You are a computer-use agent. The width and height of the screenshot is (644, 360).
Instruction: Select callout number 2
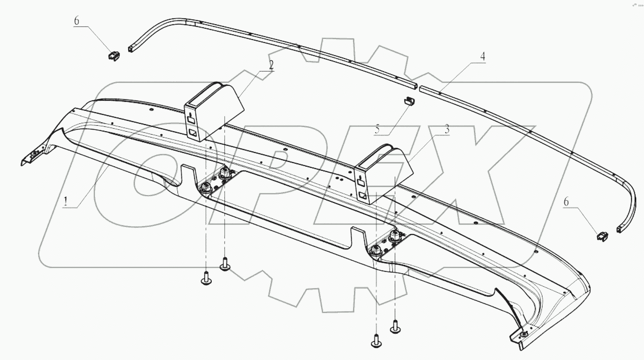tap(271, 65)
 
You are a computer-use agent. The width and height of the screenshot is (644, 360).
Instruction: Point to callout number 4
tap(482, 57)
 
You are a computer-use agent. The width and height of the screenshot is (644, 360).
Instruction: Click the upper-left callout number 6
tap(77, 21)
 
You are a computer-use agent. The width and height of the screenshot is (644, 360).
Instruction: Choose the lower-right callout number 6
tap(566, 201)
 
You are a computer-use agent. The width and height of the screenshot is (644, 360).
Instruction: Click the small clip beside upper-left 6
tap(113, 56)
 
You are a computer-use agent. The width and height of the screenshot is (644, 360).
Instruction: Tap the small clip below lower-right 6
tap(602, 235)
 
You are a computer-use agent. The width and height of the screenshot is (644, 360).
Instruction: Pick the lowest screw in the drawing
tap(376, 341)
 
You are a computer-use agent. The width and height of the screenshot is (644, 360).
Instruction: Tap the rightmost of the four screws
tap(395, 328)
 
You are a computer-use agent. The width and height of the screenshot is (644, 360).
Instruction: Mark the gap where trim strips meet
tap(418, 87)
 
